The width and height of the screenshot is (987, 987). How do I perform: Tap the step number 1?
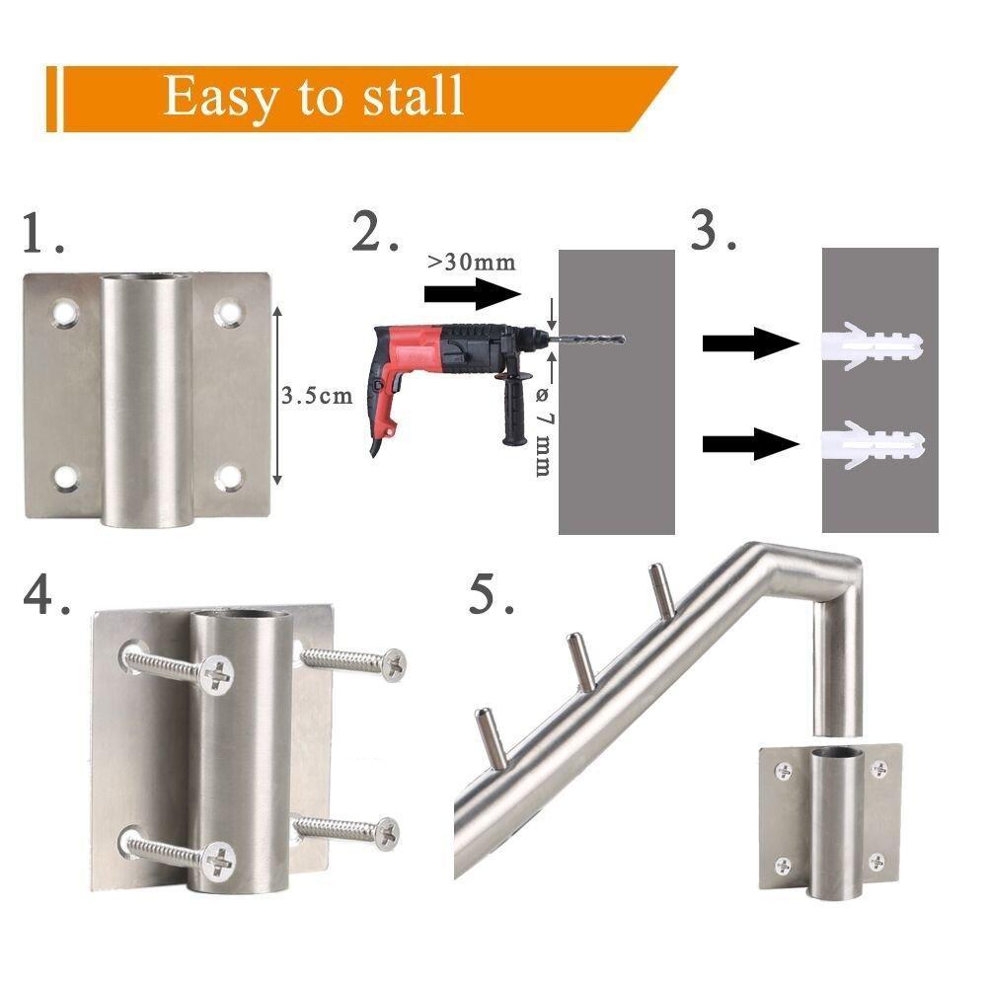tap(41, 236)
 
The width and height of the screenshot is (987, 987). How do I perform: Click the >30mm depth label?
tap(471, 263)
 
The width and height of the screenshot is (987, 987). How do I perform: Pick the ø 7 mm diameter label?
tap(542, 429)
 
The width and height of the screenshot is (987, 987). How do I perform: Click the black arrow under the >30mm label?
tap(471, 293)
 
